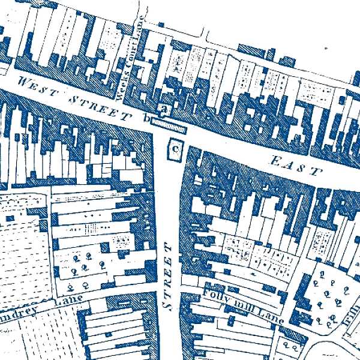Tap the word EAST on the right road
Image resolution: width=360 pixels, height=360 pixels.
(x=296, y=164)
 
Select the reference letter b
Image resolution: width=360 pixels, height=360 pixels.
(x=145, y=119)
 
